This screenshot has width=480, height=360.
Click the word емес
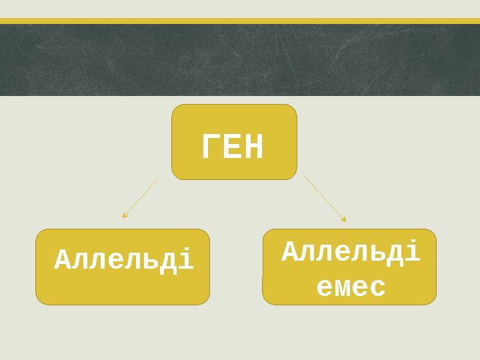coord(351,288)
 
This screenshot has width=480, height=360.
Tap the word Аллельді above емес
coord(351,253)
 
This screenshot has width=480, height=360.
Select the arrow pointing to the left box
coord(139,199)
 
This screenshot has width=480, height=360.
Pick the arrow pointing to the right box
coord(325,198)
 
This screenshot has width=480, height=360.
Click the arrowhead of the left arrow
coord(124,216)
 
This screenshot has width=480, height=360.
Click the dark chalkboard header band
coord(240,60)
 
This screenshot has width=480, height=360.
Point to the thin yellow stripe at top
coord(240,21)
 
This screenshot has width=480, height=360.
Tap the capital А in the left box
coord(62,261)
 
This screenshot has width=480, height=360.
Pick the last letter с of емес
coord(377,289)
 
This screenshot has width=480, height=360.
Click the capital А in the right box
coord(289,253)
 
